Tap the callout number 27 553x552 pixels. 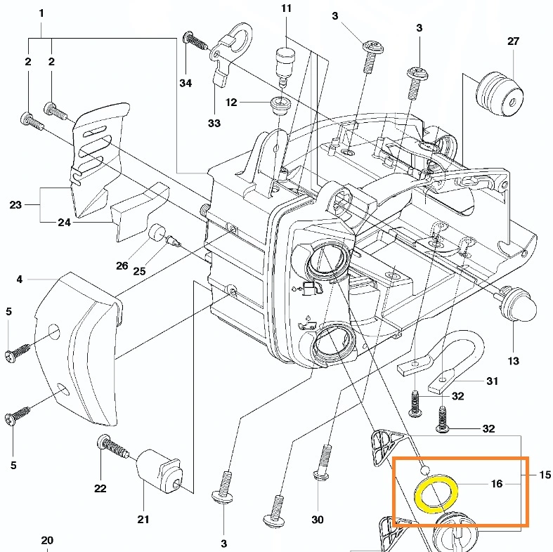513,41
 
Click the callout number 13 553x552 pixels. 513,361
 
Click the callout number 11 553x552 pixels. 286,8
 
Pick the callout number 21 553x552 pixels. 143,520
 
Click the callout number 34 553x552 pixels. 185,83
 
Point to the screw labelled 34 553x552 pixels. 196,41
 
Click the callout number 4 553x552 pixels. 20,280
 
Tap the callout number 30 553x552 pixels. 318,520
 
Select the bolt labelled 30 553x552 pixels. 325,466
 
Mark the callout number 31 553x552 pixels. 493,381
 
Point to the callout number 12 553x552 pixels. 231,103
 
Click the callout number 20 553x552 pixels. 46,541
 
